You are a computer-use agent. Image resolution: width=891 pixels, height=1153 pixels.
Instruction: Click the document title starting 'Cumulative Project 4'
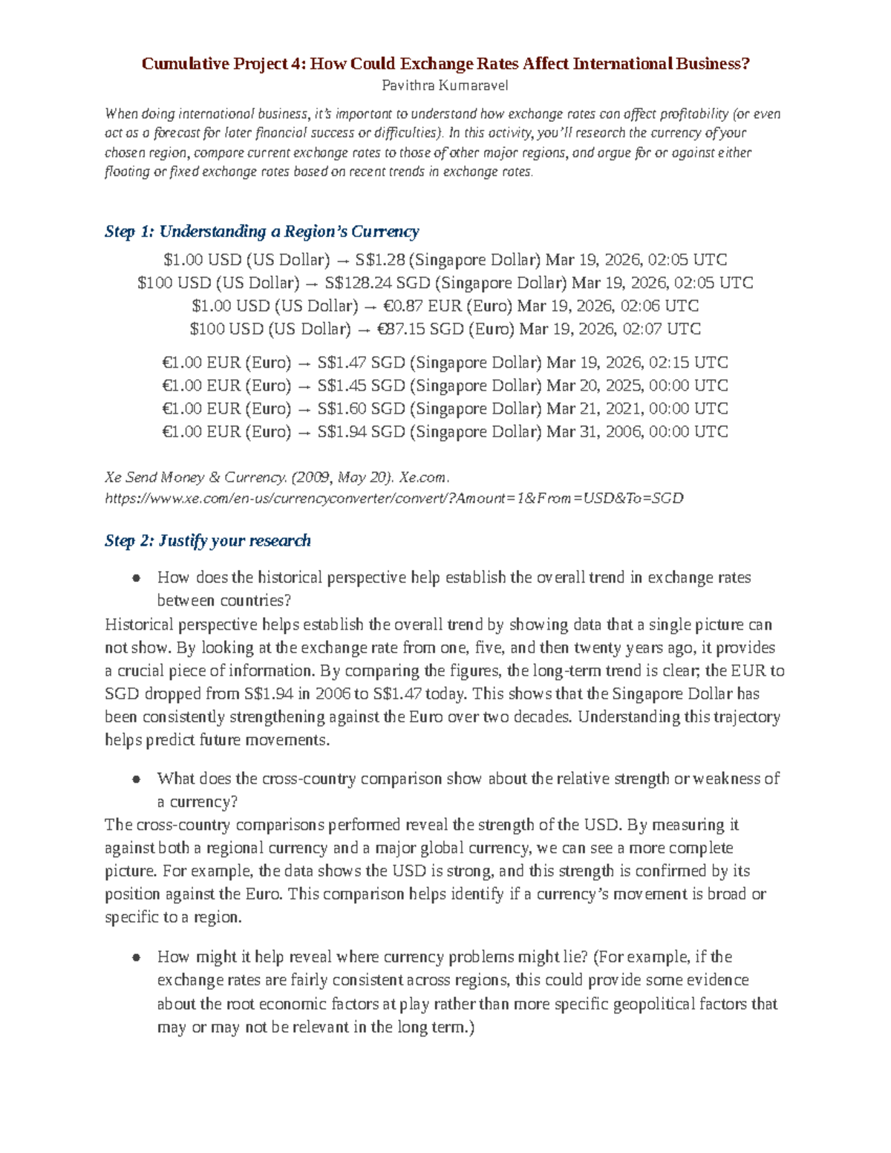446,64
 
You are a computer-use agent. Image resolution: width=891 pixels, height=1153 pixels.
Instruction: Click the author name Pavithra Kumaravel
445,85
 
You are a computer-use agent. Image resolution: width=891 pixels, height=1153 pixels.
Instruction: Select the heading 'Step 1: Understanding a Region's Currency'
261,232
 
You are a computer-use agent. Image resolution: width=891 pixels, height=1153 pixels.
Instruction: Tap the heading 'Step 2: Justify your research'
207,540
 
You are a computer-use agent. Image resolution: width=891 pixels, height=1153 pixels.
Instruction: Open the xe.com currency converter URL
394,498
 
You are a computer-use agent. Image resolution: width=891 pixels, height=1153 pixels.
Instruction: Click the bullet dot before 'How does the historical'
136,578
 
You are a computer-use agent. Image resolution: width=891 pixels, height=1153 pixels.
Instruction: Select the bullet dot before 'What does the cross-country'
136,779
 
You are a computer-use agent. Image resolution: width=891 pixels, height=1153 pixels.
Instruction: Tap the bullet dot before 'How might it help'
136,957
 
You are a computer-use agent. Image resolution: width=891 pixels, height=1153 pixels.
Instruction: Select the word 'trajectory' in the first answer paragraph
742,716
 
